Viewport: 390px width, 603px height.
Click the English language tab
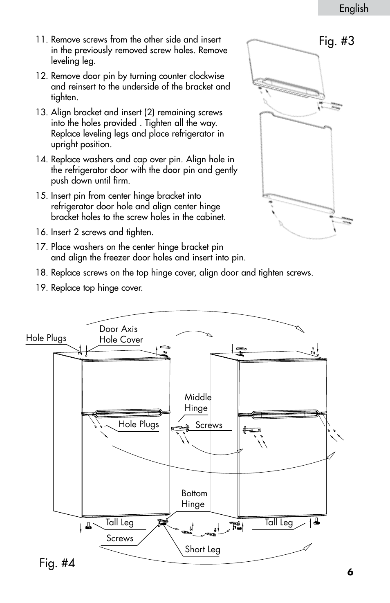(354, 9)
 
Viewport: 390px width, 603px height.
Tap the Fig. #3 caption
(336, 41)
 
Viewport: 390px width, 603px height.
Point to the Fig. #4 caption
(57, 563)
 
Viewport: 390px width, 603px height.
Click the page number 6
(350, 572)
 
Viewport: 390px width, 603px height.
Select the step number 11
(42, 40)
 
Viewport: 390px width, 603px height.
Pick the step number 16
(42, 232)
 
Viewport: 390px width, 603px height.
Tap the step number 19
(42, 288)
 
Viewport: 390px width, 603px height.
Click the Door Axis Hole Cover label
(121, 334)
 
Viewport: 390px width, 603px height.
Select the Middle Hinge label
(197, 403)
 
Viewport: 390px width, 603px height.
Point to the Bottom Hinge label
(194, 499)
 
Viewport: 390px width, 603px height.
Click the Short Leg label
(202, 549)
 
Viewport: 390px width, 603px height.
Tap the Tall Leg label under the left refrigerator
(119, 522)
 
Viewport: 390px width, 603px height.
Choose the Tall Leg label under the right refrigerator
(278, 522)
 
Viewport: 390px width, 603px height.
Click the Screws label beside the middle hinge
(209, 425)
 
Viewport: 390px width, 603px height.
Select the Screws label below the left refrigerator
(120, 538)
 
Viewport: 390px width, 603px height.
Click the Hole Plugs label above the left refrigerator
(46, 338)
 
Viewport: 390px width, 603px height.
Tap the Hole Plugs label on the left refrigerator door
(139, 424)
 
